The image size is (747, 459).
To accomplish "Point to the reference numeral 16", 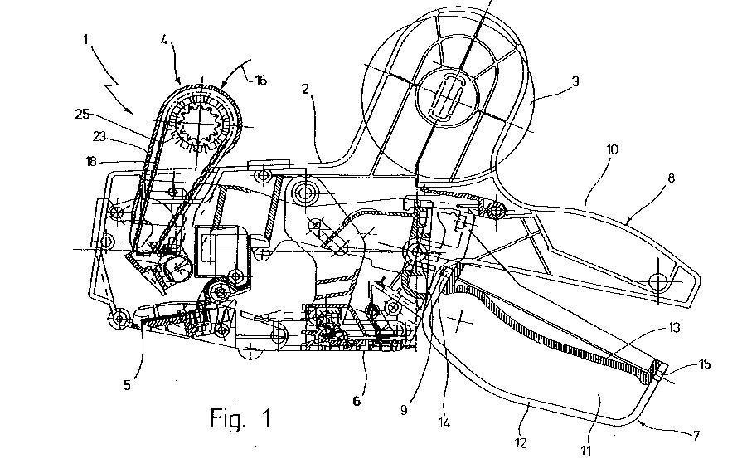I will [x=260, y=81].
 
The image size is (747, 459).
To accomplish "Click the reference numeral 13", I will [x=673, y=329].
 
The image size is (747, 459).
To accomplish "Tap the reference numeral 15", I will [x=705, y=364].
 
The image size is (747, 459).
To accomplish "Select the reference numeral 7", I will [x=696, y=435].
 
